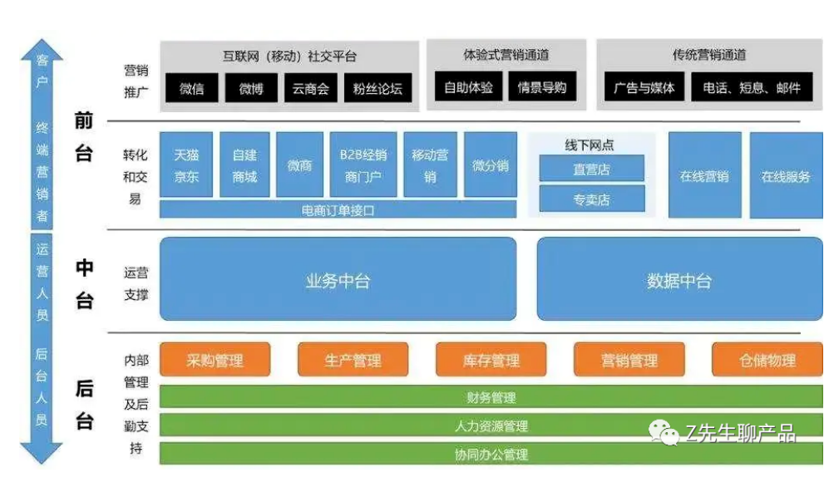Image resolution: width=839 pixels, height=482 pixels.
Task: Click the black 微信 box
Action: [191, 88]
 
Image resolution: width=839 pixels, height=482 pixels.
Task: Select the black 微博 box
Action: [251, 88]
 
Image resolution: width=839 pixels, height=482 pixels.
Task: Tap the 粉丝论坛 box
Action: [378, 88]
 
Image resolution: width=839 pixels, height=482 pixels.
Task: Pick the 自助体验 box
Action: [468, 86]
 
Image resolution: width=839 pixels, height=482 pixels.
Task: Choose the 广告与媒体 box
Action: [644, 86]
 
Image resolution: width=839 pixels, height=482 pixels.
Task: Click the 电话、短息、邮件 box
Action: [752, 86]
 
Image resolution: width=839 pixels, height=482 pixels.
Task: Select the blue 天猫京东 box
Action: [186, 165]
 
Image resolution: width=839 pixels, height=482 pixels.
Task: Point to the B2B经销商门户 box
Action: [363, 165]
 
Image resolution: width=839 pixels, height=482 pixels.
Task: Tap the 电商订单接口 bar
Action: [338, 209]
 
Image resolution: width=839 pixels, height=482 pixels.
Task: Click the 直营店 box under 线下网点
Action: [592, 169]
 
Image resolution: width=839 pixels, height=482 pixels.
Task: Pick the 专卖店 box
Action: [592, 199]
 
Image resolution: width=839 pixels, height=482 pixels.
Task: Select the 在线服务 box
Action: [786, 175]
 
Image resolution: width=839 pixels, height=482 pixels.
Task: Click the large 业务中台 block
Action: [338, 279]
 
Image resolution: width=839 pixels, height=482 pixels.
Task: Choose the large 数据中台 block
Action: [679, 279]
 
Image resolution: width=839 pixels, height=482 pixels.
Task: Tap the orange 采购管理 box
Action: [215, 360]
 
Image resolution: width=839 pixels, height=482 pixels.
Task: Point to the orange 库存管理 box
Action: [491, 360]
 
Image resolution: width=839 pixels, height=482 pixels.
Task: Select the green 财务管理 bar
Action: [491, 397]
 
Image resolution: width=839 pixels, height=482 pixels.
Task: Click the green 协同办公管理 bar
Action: [491, 454]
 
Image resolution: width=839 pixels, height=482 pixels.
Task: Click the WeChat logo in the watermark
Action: [664, 432]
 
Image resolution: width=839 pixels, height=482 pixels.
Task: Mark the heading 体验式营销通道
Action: [506, 55]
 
